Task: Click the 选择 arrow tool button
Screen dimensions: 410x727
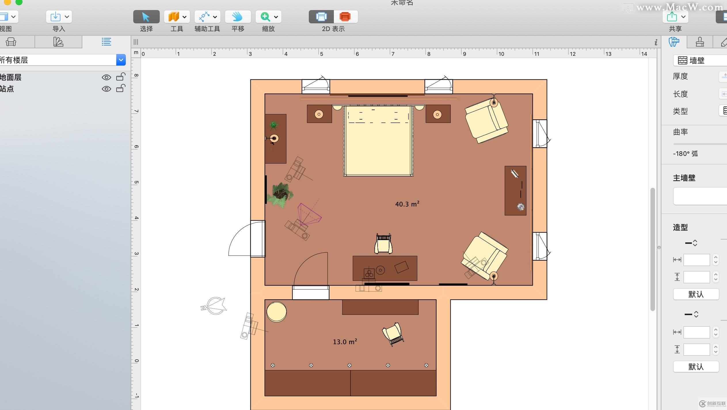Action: (x=146, y=17)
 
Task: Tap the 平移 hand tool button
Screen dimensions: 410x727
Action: (x=238, y=17)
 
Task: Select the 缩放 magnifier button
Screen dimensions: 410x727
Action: (x=265, y=17)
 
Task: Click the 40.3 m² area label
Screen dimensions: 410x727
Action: (x=407, y=204)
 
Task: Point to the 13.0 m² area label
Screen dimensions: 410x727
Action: (x=345, y=342)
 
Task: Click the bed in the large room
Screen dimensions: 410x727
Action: (x=378, y=141)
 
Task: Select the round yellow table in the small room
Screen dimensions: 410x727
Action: (x=276, y=312)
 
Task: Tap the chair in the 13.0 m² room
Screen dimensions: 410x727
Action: (x=393, y=334)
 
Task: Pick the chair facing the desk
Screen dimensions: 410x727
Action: (x=383, y=244)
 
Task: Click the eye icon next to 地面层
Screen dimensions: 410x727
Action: (x=106, y=77)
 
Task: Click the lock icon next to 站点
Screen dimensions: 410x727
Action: (x=121, y=89)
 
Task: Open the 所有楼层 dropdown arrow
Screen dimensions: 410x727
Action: (x=121, y=60)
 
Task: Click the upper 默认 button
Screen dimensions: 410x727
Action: (x=696, y=294)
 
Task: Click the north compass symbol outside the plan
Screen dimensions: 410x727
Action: (x=214, y=306)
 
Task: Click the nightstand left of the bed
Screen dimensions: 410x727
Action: (x=319, y=114)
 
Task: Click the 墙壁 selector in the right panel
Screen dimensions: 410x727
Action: (x=699, y=60)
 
